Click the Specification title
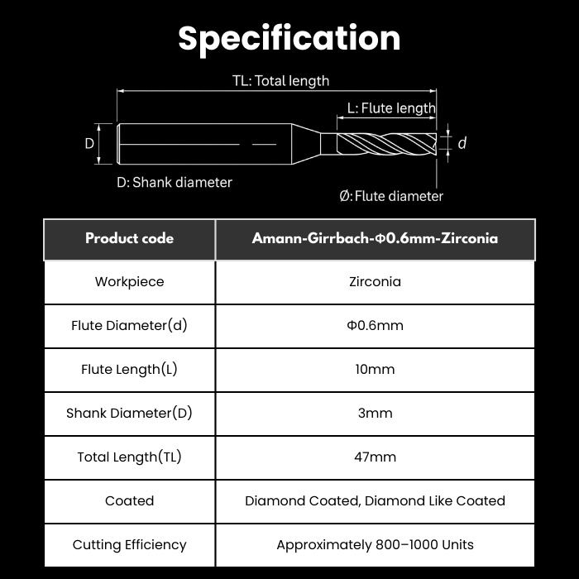pyautogui.click(x=289, y=39)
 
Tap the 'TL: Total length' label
pyautogui.click(x=280, y=81)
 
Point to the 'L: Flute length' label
pyautogui.click(x=391, y=108)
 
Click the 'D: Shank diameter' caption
pyautogui.click(x=175, y=183)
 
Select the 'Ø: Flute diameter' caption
pyautogui.click(x=391, y=196)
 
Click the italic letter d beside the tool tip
pyautogui.click(x=462, y=143)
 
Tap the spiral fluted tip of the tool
pyautogui.click(x=386, y=144)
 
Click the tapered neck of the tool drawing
pyautogui.click(x=306, y=144)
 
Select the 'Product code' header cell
pyautogui.click(x=129, y=238)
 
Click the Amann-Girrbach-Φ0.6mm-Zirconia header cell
pyautogui.click(x=376, y=238)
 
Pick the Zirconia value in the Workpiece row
pyautogui.click(x=376, y=282)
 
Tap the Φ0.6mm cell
pyautogui.click(x=376, y=326)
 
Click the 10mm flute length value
pyautogui.click(x=376, y=369)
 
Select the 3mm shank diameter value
pyautogui.click(x=376, y=414)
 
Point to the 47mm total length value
pyautogui.click(x=376, y=457)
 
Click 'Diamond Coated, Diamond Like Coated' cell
pyautogui.click(x=376, y=501)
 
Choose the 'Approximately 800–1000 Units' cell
pyautogui.click(x=376, y=545)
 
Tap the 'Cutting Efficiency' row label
pyautogui.click(x=129, y=545)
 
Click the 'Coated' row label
pyautogui.click(x=129, y=501)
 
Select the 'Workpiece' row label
pyautogui.click(x=129, y=282)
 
